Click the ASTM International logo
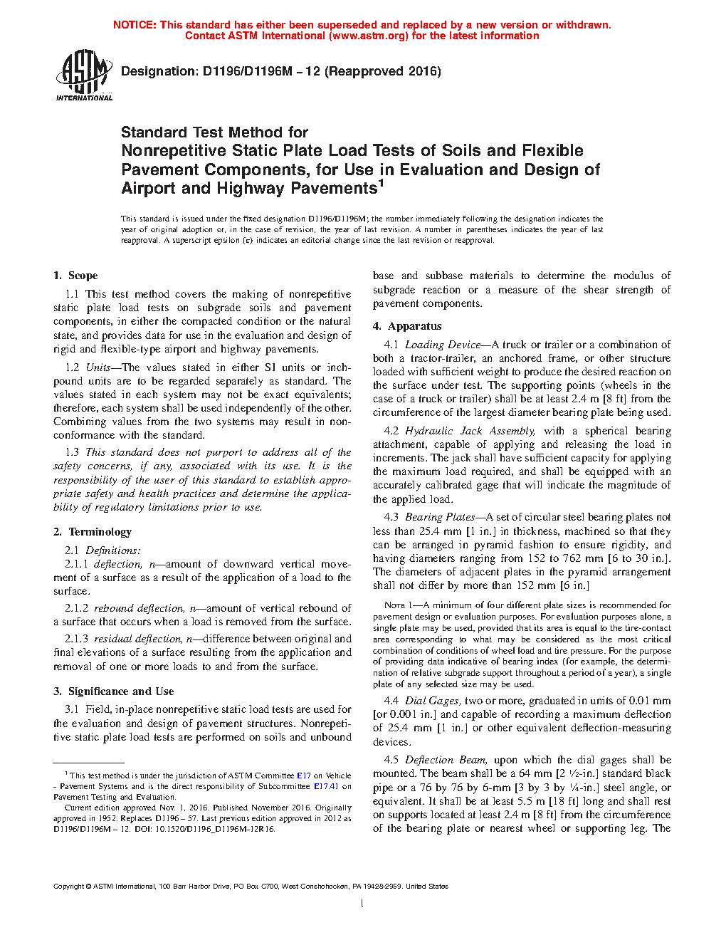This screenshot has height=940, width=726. click(83, 75)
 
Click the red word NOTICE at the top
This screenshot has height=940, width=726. click(134, 25)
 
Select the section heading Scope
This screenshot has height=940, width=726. click(83, 276)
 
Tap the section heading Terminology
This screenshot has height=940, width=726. click(100, 532)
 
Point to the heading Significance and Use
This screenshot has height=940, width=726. click(121, 691)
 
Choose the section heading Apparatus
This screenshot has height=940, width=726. click(414, 326)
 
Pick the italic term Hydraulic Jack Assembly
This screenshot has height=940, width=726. click(470, 431)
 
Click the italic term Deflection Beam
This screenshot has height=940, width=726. click(446, 760)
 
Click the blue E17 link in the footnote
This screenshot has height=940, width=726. click(303, 775)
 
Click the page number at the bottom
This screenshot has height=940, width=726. click(362, 904)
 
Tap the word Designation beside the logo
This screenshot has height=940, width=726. click(159, 71)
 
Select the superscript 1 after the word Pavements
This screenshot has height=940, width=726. click(381, 183)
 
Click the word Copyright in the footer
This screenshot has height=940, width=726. click(68, 887)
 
